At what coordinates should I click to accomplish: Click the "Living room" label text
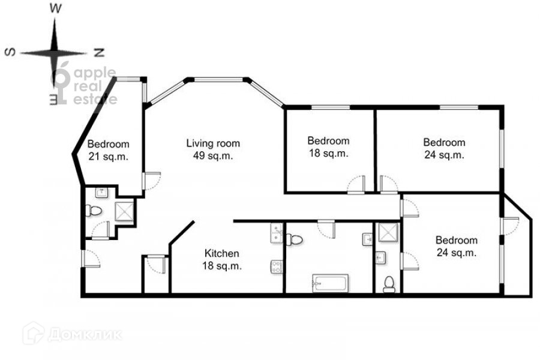[x=213, y=143]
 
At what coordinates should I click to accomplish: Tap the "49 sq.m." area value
[x=213, y=156]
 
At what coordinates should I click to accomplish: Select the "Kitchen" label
[x=221, y=253]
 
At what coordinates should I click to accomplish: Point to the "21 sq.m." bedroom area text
[x=108, y=157]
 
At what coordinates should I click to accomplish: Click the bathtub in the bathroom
[x=330, y=283]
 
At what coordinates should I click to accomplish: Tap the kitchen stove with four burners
[x=276, y=267]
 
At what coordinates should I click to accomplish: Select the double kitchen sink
[x=276, y=233]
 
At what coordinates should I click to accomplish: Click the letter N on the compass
[x=99, y=53]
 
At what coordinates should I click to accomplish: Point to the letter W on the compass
[x=55, y=8]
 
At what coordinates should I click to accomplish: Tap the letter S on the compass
[x=10, y=52]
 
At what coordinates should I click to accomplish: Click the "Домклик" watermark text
[x=85, y=335]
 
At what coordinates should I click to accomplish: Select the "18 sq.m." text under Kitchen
[x=221, y=266]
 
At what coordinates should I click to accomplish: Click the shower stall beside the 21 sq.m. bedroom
[x=124, y=211]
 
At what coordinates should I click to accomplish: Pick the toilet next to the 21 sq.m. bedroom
[x=94, y=210]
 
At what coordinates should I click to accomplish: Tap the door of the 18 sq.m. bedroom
[x=356, y=184]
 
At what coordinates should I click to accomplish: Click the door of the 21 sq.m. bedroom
[x=152, y=181]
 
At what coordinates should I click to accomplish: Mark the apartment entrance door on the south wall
[x=91, y=259]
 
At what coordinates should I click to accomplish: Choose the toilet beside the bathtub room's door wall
[x=295, y=239]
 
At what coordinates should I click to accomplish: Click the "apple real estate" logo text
[x=95, y=86]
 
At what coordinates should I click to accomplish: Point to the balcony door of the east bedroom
[x=510, y=226]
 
